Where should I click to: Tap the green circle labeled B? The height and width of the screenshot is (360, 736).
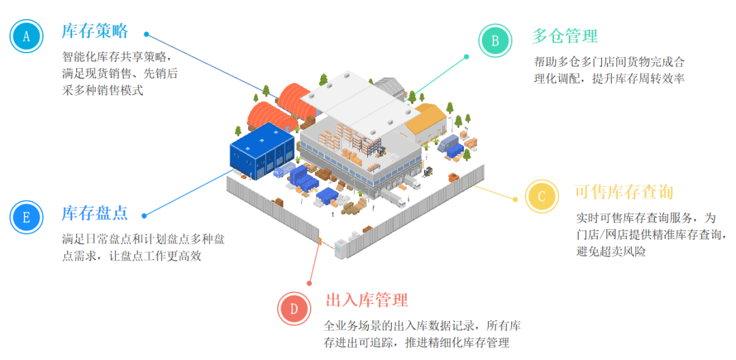tap(495, 40)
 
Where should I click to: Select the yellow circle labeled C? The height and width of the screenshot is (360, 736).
tap(542, 197)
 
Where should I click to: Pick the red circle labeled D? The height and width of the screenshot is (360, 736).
tap(294, 308)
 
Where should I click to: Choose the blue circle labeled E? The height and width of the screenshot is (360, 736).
tap(27, 217)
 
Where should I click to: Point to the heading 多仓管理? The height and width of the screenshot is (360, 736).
tap(564, 35)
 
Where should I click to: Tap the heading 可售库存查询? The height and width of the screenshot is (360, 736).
tap(624, 192)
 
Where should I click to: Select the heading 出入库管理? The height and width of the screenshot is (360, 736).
tap(367, 300)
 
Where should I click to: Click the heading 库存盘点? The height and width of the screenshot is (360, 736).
tap(95, 213)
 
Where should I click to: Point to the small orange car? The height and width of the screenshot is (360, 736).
tap(453, 178)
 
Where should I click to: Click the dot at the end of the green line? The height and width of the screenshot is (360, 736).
tap(466, 57)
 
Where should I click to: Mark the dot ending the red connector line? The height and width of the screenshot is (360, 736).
tap(309, 282)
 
